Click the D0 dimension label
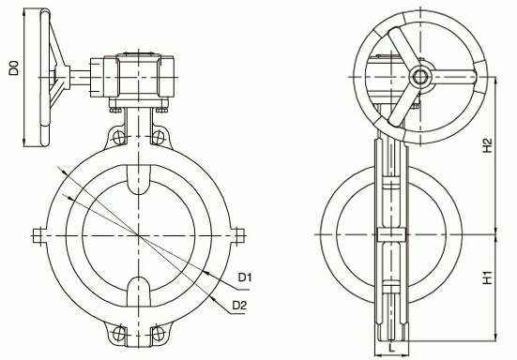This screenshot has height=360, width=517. tap(14, 68)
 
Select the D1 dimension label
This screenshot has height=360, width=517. tap(245, 277)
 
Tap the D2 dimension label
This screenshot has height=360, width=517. tap(239, 306)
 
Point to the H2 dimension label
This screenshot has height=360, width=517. tap(487, 145)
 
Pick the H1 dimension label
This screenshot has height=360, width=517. tap(487, 277)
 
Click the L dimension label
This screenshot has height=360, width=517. tap(391, 348)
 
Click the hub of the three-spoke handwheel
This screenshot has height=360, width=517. tap(420, 77)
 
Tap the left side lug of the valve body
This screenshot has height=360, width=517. tap(40, 235)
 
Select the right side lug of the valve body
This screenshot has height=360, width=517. tap(237, 235)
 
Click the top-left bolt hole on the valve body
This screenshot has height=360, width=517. tap(119, 137)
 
